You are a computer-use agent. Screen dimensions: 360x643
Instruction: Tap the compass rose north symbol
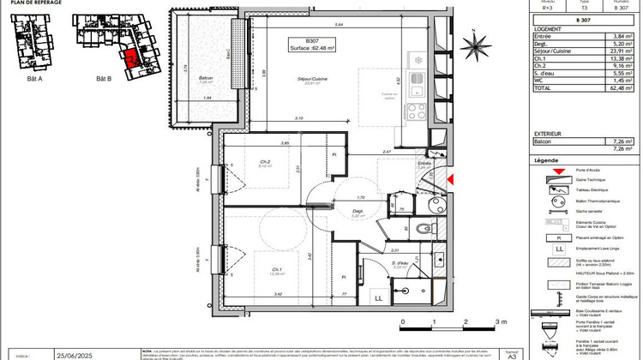(474, 45)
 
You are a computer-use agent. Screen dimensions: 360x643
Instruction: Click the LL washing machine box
(377, 297)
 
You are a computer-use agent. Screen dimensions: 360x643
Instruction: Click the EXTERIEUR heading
(548, 134)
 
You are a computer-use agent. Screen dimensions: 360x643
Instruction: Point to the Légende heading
(545, 160)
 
